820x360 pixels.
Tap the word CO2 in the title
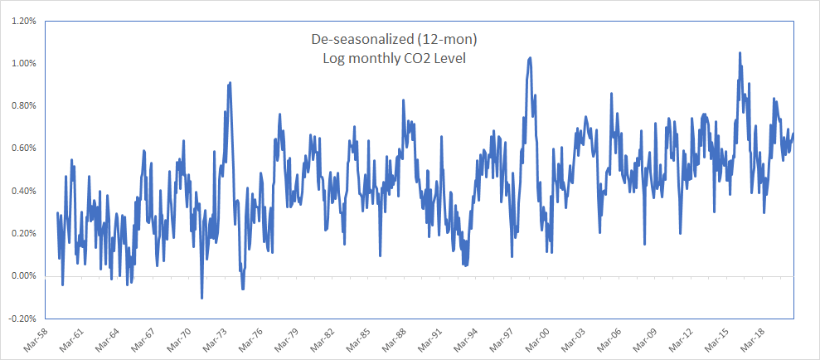[425, 58]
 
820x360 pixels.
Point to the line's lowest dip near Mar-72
[202, 298]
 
